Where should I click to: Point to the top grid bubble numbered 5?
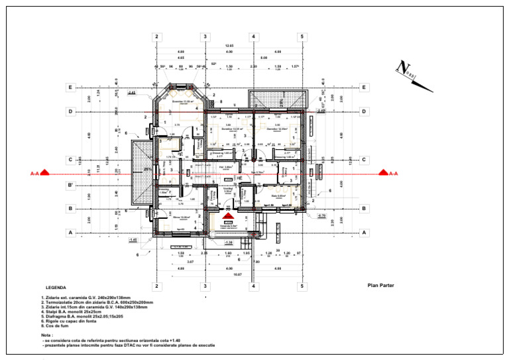302,36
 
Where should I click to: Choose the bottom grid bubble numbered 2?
156,286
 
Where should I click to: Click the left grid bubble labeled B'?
70,187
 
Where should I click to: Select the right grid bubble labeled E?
364,87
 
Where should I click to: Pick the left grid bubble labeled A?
70,233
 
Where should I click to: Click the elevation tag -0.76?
321,215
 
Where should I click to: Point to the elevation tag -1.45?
133,239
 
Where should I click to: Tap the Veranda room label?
229,225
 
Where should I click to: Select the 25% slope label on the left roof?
146,169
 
